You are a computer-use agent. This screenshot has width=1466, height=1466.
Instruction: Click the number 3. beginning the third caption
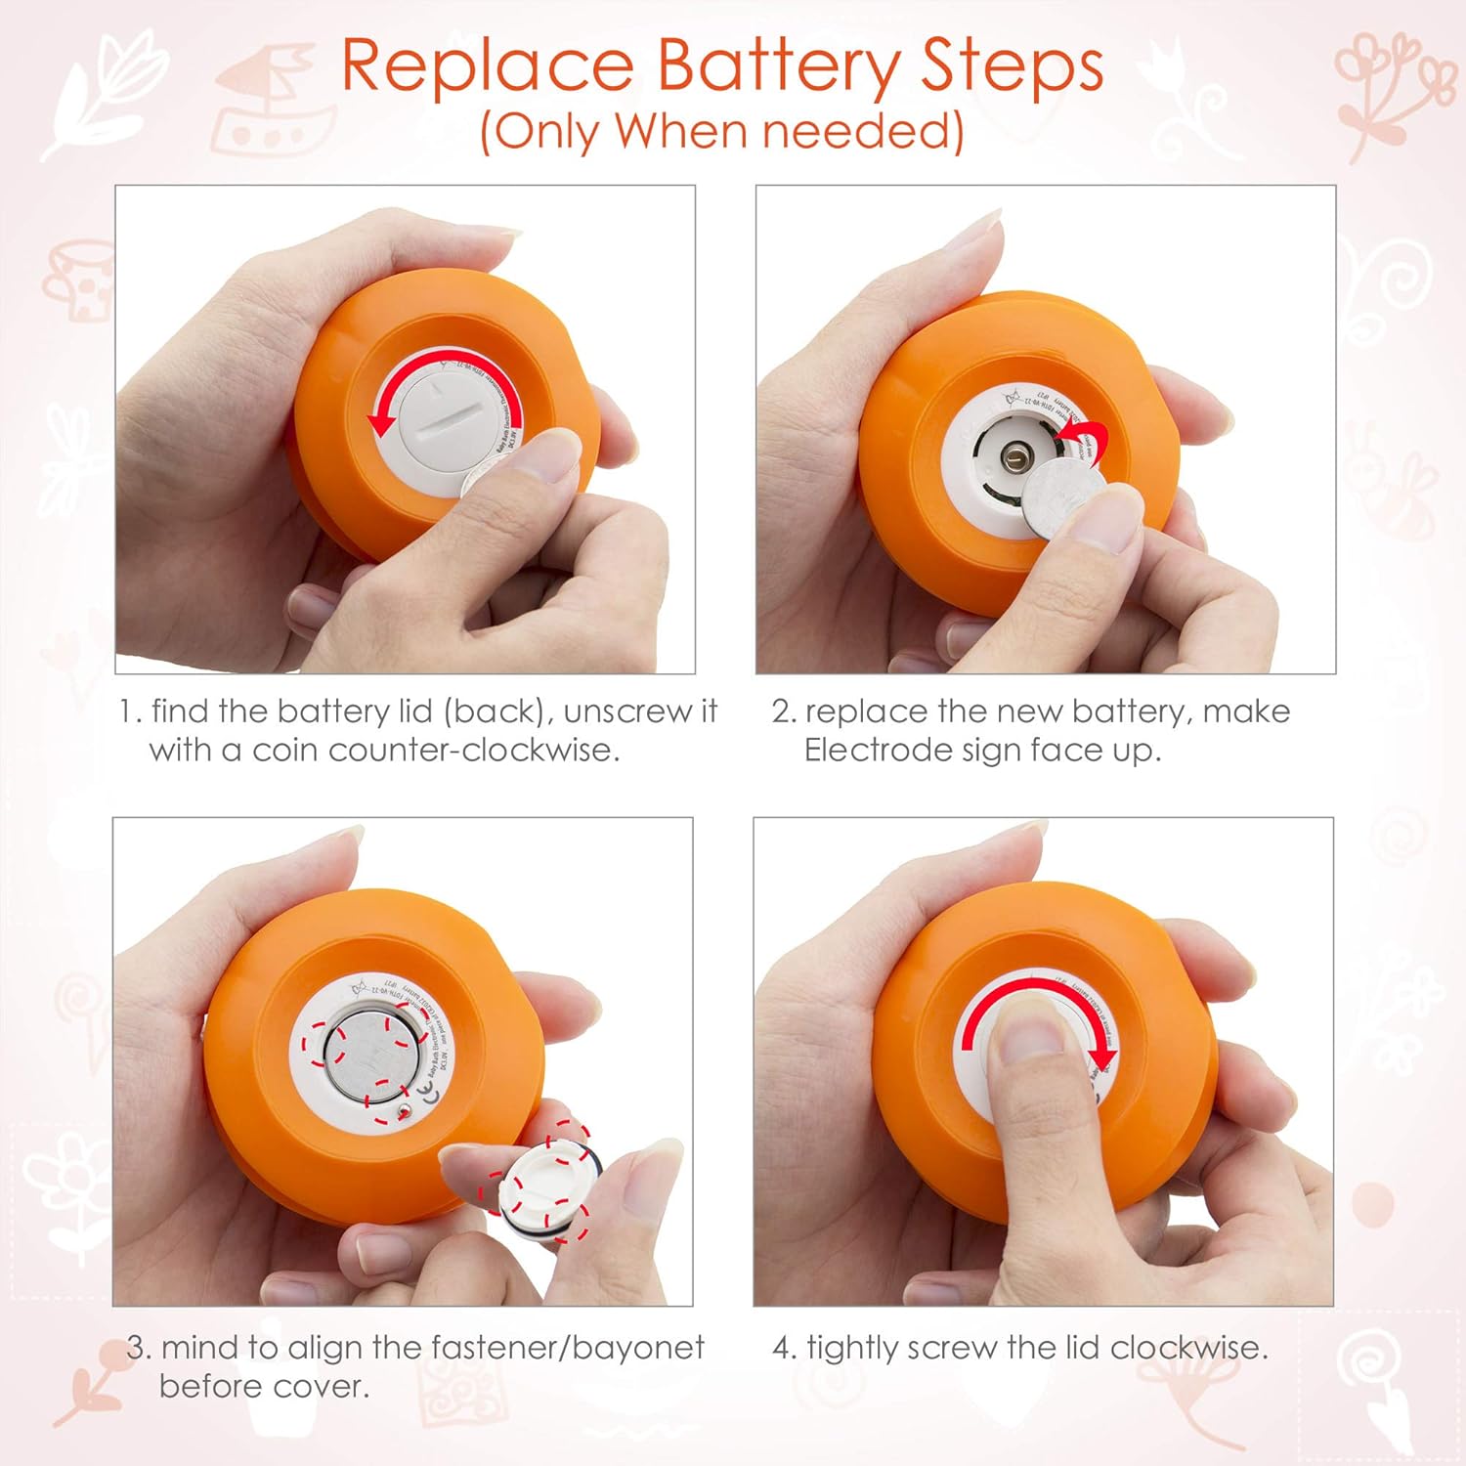coord(140,1348)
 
